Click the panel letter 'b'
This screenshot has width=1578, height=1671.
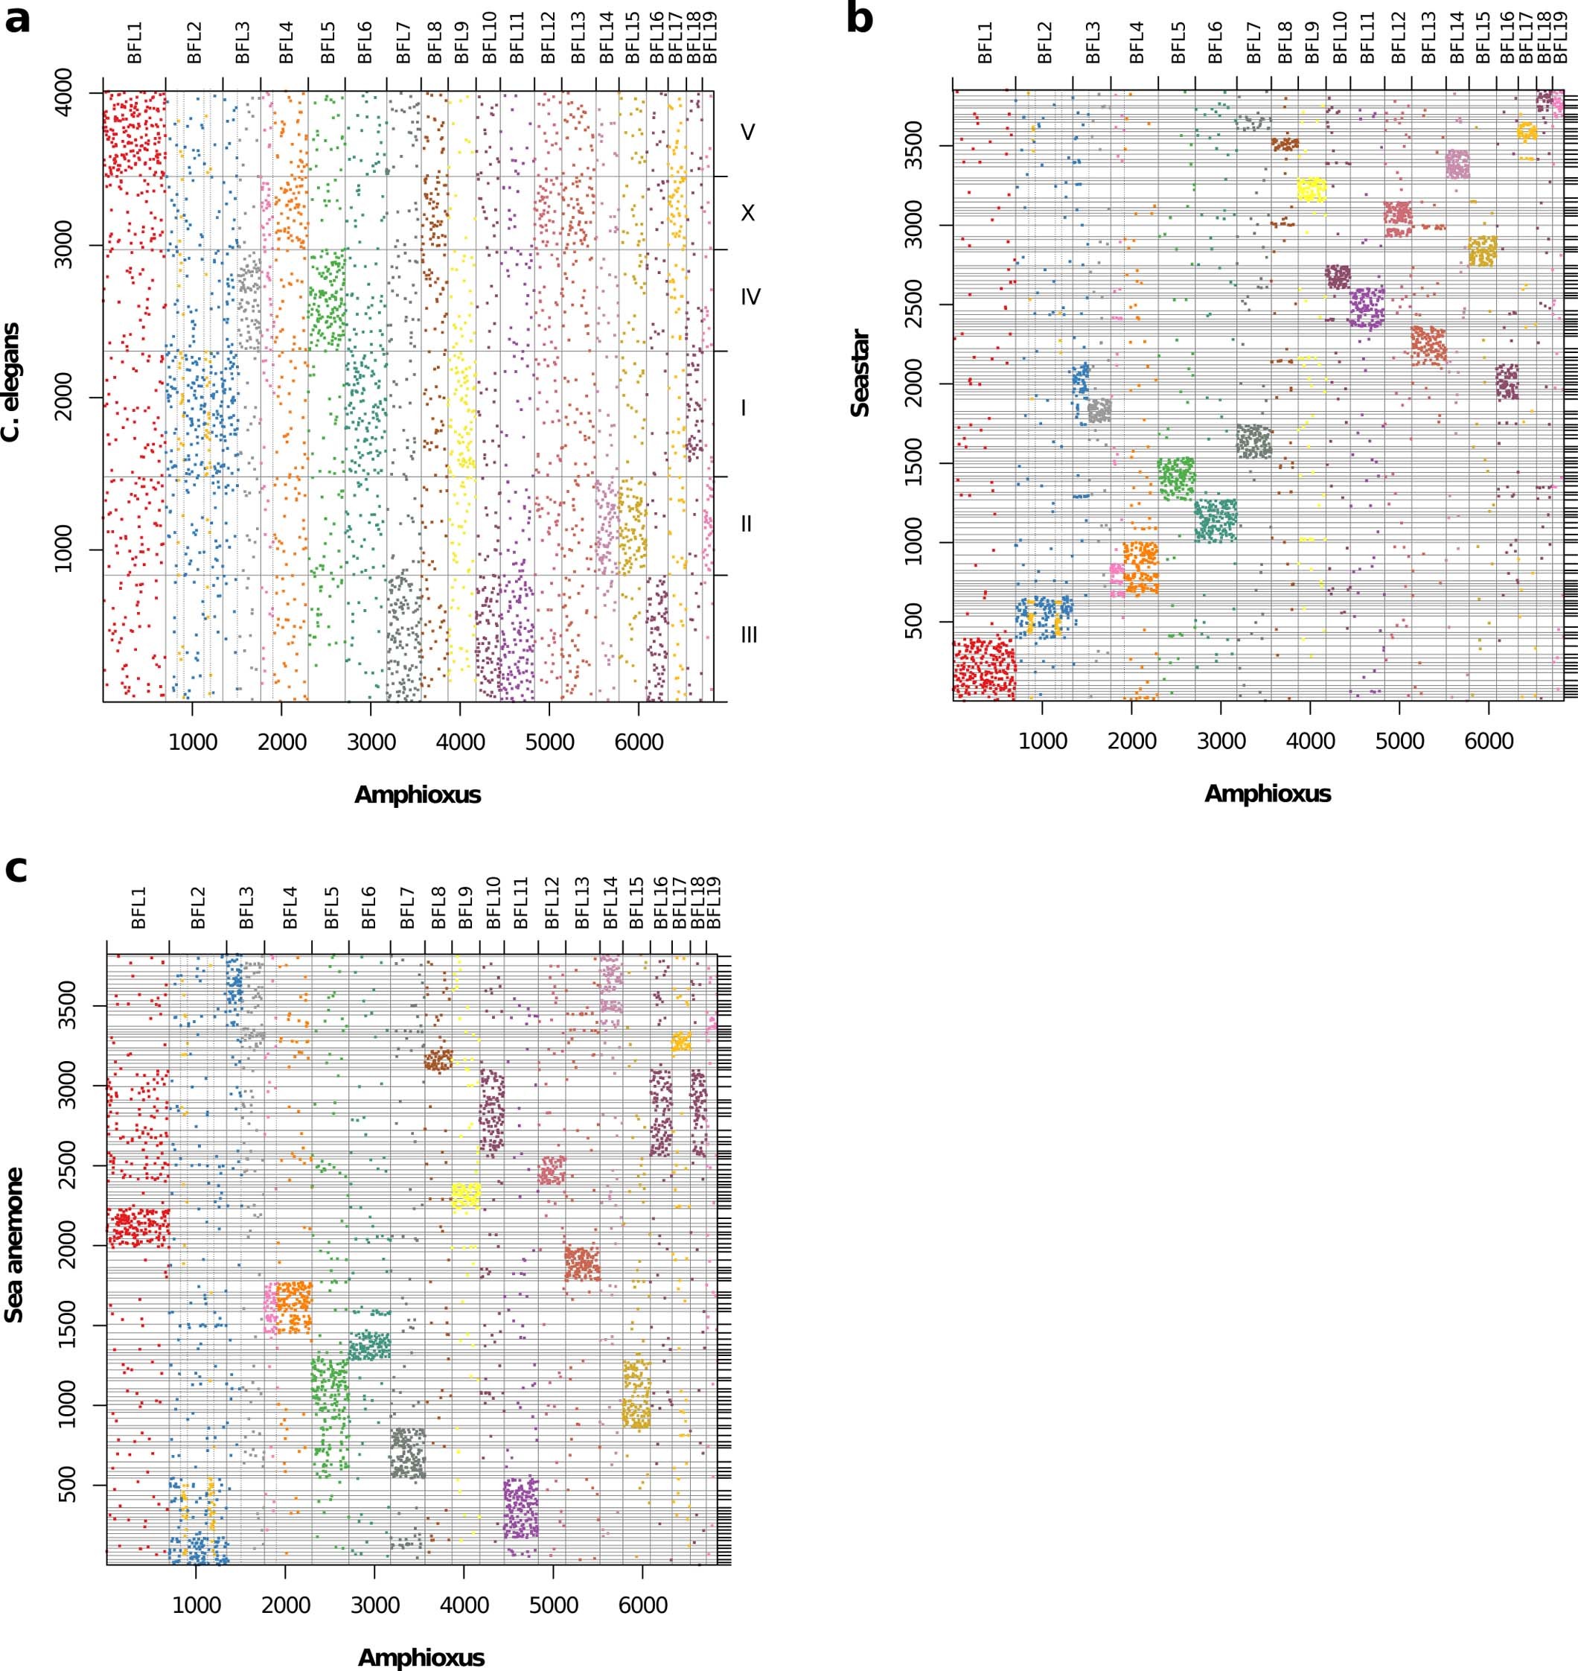[860, 19]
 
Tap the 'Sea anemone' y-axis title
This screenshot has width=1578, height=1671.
[13, 1244]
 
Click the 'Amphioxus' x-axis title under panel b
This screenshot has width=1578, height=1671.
[1267, 794]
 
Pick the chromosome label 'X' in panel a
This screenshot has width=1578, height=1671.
[747, 214]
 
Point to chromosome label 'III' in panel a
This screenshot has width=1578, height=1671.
[749, 635]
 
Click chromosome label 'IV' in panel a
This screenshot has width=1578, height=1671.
[750, 297]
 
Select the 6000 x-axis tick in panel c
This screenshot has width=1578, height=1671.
[642, 1605]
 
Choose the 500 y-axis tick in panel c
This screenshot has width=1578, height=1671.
[68, 1485]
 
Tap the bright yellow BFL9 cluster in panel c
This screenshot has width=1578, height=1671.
[465, 1196]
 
